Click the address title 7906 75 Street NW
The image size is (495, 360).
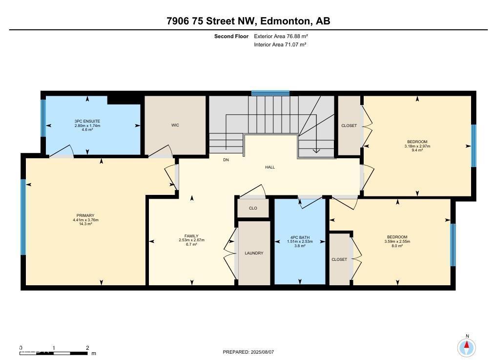tap(248, 21)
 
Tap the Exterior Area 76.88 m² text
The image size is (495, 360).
tap(281, 36)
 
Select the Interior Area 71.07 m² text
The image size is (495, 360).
tap(280, 44)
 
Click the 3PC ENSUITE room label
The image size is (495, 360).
tap(87, 121)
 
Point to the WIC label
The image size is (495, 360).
tap(175, 126)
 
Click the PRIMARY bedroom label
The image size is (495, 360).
tap(85, 215)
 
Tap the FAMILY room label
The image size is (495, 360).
tap(191, 236)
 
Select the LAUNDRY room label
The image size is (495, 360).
tap(254, 253)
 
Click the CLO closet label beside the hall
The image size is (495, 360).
tap(253, 208)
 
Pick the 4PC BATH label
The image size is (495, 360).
tap(299, 237)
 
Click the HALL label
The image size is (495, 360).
tap(270, 167)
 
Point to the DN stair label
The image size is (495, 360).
tap(226, 160)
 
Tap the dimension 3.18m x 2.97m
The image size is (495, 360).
tap(417, 146)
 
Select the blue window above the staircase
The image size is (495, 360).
tap(270, 93)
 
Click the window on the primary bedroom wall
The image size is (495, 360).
tap(23, 217)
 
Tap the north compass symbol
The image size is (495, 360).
tap(467, 347)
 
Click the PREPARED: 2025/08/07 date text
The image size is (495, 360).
tap(251, 352)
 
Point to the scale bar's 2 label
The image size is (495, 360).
tap(87, 348)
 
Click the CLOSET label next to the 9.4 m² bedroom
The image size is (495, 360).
tap(349, 126)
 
